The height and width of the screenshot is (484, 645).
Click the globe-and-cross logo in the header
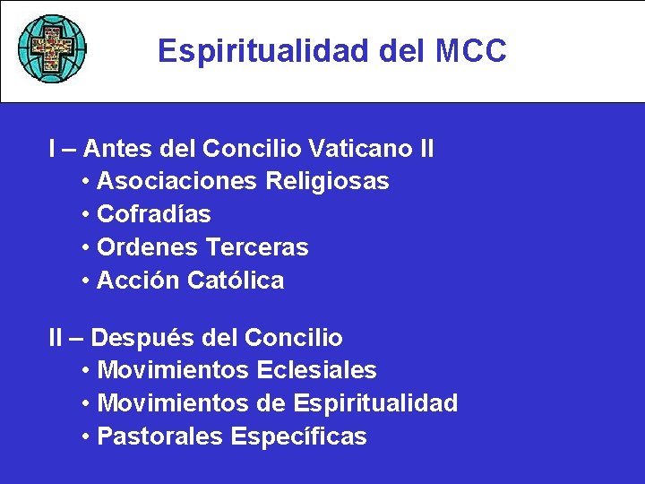(x=53, y=48)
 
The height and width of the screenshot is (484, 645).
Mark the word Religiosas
(x=327, y=182)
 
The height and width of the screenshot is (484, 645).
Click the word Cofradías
(x=154, y=214)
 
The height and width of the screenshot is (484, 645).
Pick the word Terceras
(x=257, y=247)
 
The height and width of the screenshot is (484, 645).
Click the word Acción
(x=139, y=281)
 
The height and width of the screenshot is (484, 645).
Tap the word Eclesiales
(x=316, y=370)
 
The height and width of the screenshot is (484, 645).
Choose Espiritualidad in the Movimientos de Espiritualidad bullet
(x=375, y=403)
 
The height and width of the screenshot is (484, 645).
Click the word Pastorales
(x=160, y=436)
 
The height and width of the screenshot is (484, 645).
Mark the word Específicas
(x=299, y=436)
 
